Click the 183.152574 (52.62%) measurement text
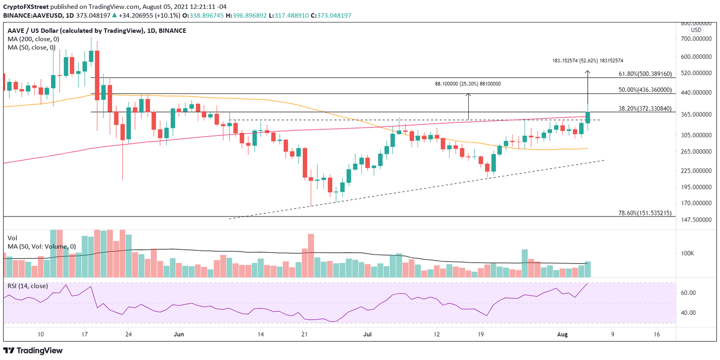click(588, 61)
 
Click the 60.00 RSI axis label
click(688, 292)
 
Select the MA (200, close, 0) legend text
click(31, 39)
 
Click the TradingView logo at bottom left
click(33, 350)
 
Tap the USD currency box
click(696, 30)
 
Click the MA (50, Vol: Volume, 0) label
click(41, 246)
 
